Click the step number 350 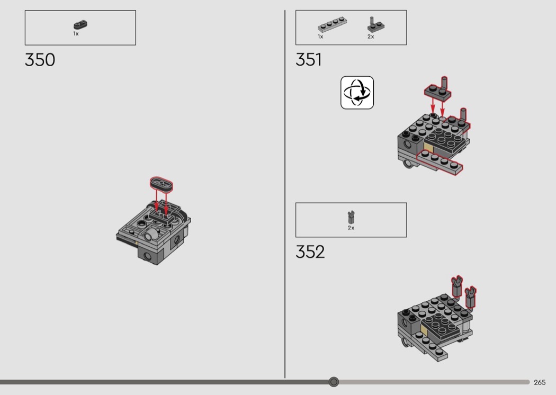(x=40, y=60)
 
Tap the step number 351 (x=309, y=60)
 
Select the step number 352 (x=310, y=252)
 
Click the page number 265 (x=540, y=382)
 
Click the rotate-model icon (x=357, y=93)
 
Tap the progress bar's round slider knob (x=334, y=382)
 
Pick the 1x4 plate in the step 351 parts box (x=332, y=24)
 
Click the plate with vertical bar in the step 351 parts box (x=375, y=25)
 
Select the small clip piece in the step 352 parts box (x=351, y=217)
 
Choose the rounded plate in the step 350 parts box (x=81, y=25)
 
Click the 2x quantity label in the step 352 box (x=351, y=228)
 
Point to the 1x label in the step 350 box (x=76, y=34)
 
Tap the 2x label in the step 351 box (x=371, y=37)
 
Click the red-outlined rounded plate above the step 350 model (x=162, y=183)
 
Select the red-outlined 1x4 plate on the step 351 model (x=440, y=161)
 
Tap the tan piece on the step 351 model (x=428, y=148)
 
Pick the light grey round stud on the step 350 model (x=151, y=234)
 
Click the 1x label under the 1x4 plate (x=320, y=37)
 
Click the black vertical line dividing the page (x=285, y=194)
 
